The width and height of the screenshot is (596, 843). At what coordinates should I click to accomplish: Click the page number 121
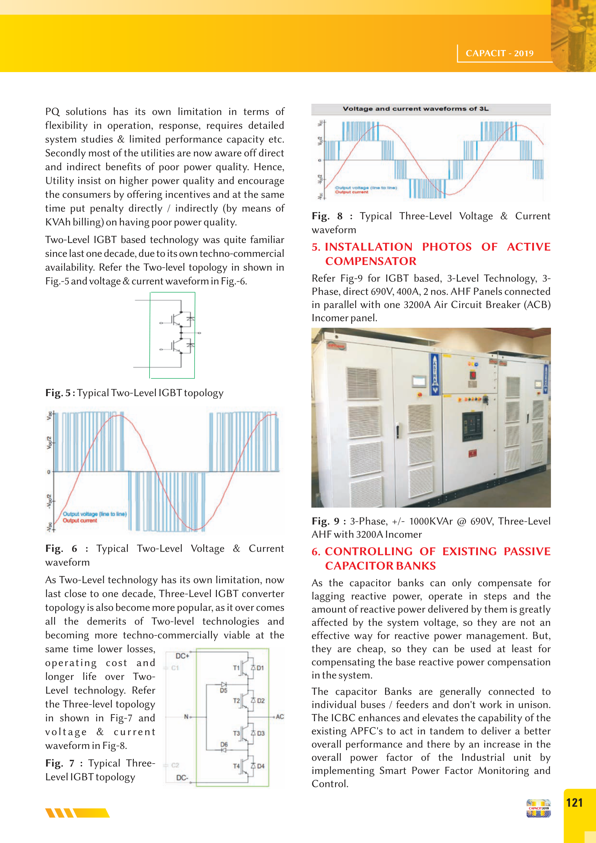point(574,803)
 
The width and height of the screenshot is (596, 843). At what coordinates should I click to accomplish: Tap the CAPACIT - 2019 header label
point(500,53)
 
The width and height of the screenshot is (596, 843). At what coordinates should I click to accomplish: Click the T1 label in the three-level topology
point(236,667)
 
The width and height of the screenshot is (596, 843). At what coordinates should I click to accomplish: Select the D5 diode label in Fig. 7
point(223,690)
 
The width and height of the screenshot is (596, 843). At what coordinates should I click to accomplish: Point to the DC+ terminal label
point(182,656)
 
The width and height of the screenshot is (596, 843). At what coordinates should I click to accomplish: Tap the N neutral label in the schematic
point(186,716)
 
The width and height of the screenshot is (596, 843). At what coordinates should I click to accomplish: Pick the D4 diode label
point(261,766)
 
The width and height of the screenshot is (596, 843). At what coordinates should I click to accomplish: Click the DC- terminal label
point(182,778)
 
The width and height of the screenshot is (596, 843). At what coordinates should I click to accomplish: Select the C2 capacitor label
point(175,765)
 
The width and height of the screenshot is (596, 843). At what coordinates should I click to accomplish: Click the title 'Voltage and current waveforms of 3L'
point(415,109)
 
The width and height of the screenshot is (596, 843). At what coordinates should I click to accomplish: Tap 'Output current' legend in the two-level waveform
point(80,520)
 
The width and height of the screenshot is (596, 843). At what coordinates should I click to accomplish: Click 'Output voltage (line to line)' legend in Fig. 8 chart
point(365,188)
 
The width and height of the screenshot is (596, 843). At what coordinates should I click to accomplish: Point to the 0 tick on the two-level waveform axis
point(48,472)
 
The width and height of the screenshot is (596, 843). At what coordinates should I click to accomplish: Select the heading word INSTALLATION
point(368,247)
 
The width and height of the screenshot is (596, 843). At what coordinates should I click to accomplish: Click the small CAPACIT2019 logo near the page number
point(538,808)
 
